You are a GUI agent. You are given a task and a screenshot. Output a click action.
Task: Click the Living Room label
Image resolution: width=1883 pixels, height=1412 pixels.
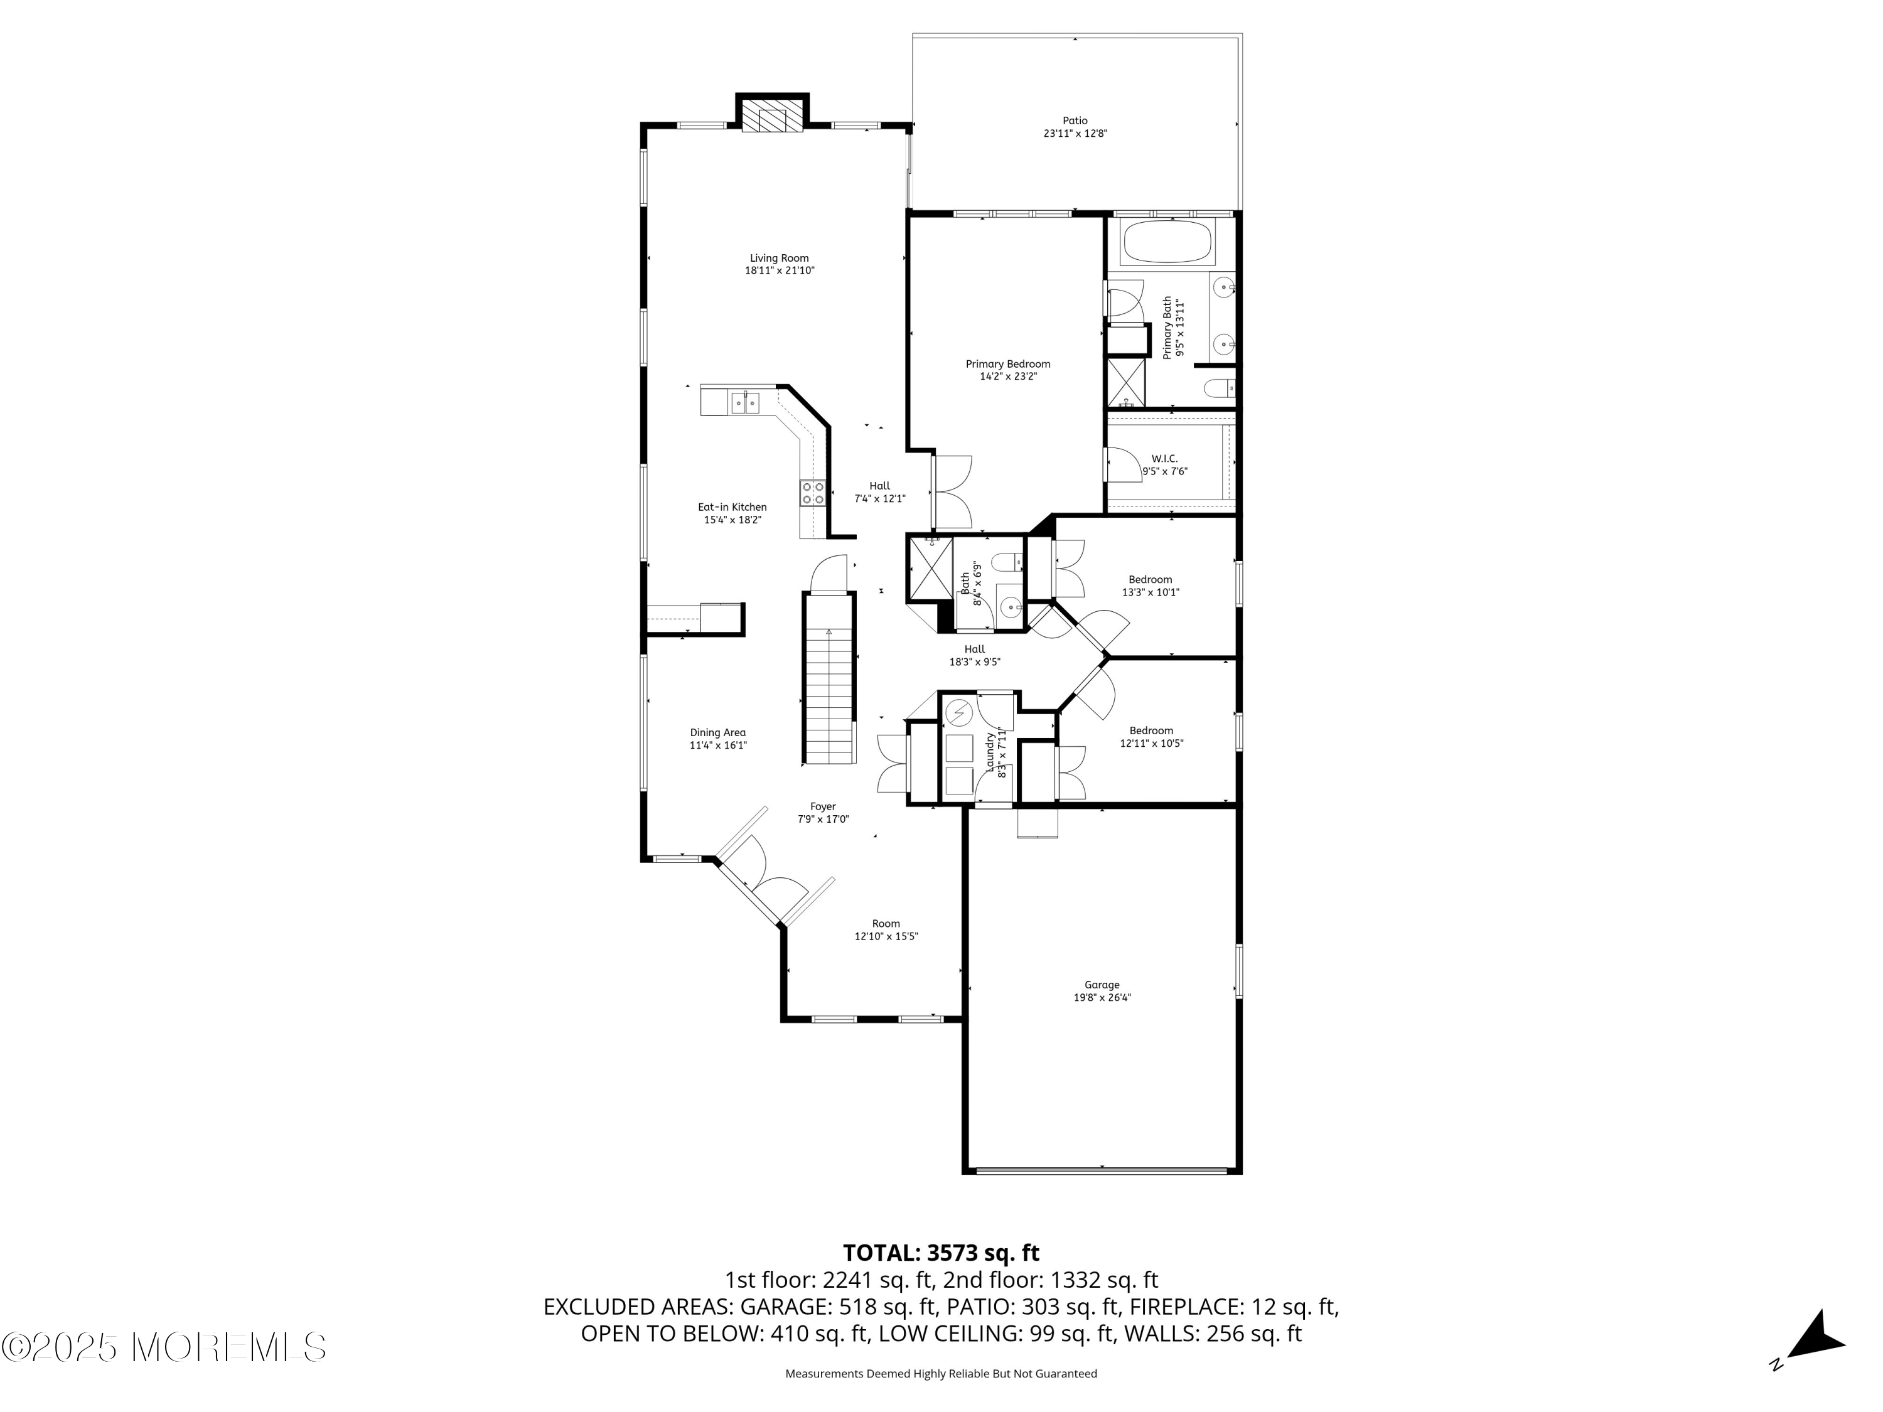click(x=779, y=258)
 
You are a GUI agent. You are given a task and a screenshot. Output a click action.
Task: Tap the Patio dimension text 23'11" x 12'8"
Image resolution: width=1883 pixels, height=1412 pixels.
click(x=1075, y=134)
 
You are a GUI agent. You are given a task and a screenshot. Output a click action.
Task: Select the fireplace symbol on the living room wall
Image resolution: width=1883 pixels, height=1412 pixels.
click(x=772, y=117)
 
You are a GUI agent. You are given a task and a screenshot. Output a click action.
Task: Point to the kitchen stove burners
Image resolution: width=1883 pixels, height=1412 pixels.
click(x=812, y=494)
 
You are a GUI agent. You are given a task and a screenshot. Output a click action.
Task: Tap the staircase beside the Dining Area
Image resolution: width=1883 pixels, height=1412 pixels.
click(x=829, y=678)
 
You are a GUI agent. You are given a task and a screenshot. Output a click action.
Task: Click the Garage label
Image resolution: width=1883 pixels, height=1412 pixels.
click(x=1102, y=985)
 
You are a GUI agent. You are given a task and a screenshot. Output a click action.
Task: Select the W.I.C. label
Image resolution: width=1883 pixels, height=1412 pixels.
click(x=1164, y=459)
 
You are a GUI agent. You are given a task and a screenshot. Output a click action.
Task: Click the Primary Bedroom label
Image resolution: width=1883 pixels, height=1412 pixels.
click(x=1008, y=364)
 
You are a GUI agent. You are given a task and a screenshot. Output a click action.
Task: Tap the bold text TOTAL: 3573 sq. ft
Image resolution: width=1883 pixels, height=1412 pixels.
click(x=941, y=1253)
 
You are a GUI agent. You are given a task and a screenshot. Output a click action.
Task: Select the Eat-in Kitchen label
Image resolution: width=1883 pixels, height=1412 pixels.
click(x=732, y=507)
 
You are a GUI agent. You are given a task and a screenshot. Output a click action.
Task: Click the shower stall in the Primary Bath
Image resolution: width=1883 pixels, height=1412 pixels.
click(x=1125, y=383)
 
